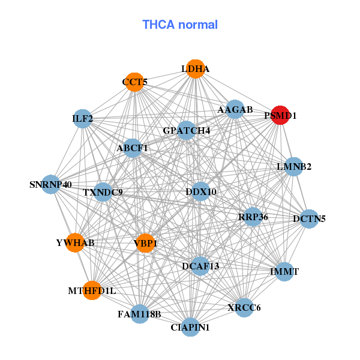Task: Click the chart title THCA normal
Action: tap(179, 25)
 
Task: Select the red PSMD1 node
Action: tap(281, 115)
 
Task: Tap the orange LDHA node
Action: tap(194, 69)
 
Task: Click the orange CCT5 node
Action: tap(134, 82)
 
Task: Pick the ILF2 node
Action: tap(82, 119)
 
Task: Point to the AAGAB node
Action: tap(235, 110)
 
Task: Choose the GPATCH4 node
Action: tap(186, 130)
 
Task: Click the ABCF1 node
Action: tap(132, 148)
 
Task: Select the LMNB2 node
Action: tap(293, 166)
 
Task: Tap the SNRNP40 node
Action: tap(51, 184)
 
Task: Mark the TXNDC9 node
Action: tap(103, 192)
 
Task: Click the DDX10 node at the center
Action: tap(201, 191)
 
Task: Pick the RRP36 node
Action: tap(253, 217)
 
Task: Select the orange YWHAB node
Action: tap(75, 242)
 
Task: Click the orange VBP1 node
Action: tap(145, 242)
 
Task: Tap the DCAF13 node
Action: tap(200, 265)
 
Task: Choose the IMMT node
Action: tap(284, 272)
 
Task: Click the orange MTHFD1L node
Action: tap(92, 290)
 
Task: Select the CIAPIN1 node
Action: tap(190, 327)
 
